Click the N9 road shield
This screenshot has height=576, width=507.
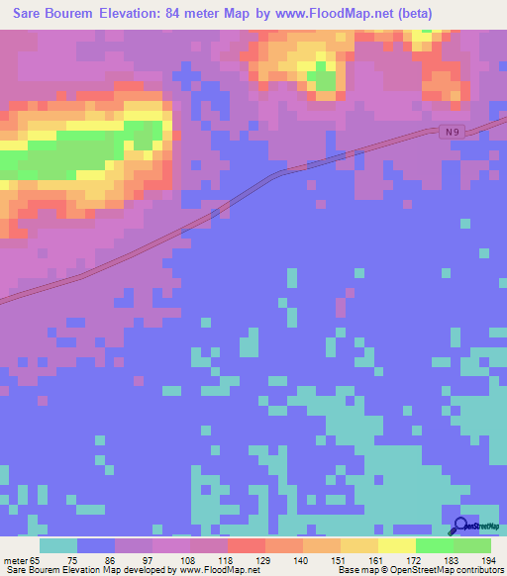[452, 131]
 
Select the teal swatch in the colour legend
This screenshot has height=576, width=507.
[58, 545]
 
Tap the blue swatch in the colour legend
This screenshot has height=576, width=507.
[96, 545]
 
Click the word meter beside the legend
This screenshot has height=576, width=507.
[16, 560]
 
